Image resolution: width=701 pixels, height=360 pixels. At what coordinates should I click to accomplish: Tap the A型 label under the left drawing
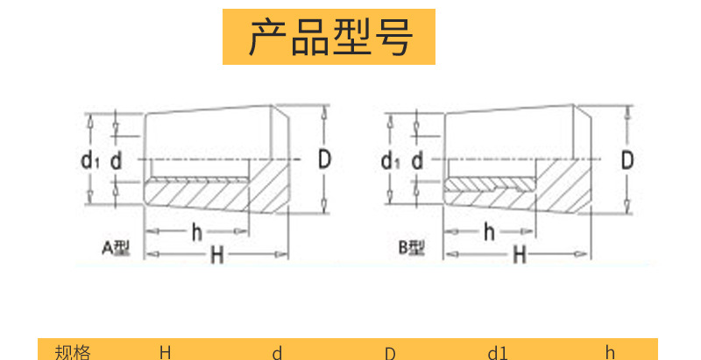(116, 248)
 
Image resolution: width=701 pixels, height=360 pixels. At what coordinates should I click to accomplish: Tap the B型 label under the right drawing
(412, 248)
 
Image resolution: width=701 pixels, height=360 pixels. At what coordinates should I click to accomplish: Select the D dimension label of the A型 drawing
(324, 159)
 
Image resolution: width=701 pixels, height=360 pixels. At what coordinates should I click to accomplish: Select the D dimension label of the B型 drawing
(627, 159)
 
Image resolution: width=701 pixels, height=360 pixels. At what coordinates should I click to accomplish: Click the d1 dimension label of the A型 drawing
(89, 160)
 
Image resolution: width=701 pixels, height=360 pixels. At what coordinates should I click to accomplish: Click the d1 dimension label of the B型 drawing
(391, 160)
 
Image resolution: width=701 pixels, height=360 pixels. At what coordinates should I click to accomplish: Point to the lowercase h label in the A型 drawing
(196, 231)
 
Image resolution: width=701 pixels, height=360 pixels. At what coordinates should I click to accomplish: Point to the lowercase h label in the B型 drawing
(489, 231)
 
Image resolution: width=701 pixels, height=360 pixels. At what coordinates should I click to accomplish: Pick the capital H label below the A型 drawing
(216, 255)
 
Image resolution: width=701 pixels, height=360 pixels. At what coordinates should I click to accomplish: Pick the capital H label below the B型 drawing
(519, 255)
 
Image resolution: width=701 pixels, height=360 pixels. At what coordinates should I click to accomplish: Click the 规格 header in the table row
(72, 352)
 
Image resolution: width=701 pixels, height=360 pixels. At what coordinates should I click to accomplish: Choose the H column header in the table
(165, 352)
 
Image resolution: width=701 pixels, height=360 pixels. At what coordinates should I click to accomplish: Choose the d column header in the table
(277, 353)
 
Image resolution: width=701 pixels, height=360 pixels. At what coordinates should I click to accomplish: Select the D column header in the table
(389, 353)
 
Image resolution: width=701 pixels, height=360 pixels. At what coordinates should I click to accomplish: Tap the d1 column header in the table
(498, 353)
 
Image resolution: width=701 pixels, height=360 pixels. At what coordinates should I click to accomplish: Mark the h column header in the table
(610, 353)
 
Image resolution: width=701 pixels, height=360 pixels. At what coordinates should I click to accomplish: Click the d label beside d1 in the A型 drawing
(115, 160)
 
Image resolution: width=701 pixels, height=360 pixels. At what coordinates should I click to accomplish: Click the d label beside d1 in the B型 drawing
(417, 160)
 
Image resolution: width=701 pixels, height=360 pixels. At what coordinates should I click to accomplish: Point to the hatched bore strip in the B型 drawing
(486, 186)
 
